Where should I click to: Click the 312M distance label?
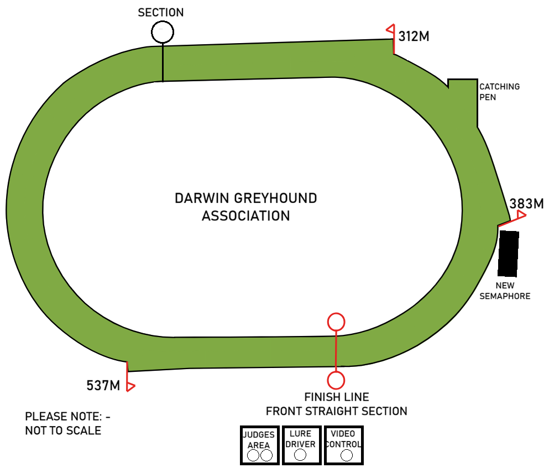pos(414,37)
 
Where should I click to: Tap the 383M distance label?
pos(526,203)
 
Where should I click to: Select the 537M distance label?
pos(103,385)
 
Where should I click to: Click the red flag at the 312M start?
pos(390,29)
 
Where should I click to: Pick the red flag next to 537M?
pos(130,386)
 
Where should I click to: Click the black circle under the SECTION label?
pos(162,31)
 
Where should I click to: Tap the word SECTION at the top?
pos(161,12)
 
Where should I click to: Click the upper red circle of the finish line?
pos(336,321)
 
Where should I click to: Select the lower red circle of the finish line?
pos(336,380)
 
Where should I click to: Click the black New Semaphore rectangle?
pos(509,253)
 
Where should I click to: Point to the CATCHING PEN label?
pos(499,92)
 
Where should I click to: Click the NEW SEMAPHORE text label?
pos(505,291)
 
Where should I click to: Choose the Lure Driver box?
pos(301,445)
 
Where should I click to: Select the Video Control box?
pos(343,445)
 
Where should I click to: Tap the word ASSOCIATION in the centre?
pos(246,216)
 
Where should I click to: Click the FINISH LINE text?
pos(337,397)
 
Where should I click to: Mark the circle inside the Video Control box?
pos(347,455)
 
